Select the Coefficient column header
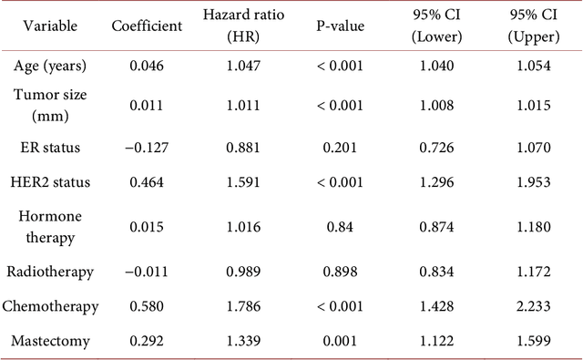point(147,26)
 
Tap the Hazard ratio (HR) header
point(242,26)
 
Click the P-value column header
point(338,26)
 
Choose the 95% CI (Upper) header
point(533,26)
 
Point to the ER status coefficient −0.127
point(147,148)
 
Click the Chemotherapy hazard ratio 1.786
point(242,306)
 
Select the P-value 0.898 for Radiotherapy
point(338,272)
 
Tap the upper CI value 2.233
point(533,306)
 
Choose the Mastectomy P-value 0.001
point(338,341)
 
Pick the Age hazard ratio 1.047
point(242,68)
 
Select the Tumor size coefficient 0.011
point(147,106)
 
